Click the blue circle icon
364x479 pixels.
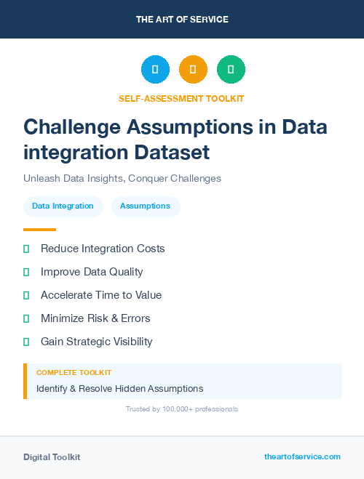click(155, 70)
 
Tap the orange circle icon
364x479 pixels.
click(193, 70)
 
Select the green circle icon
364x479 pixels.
click(231, 70)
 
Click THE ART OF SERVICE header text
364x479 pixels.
click(182, 20)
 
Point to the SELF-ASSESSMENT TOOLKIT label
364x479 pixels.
click(182, 98)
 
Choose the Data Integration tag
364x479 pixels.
click(63, 206)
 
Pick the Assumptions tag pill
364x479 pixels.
click(146, 206)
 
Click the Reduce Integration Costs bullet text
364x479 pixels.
click(103, 249)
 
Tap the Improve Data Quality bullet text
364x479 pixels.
click(92, 272)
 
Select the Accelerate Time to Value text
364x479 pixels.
click(101, 295)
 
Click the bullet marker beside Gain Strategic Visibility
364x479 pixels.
click(26, 342)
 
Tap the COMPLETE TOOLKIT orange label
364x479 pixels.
click(74, 372)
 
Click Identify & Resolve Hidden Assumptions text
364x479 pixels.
click(120, 388)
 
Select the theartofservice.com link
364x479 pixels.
click(302, 456)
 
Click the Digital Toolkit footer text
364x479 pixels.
click(52, 457)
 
